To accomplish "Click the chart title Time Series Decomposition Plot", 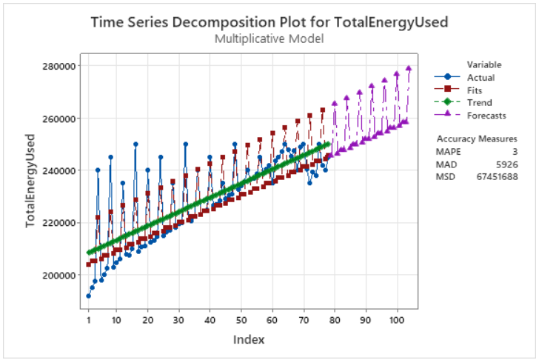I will click(x=269, y=21).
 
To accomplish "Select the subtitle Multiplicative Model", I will click(x=269, y=38).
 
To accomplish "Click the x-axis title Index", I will click(x=249, y=339).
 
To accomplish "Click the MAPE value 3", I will click(x=514, y=151).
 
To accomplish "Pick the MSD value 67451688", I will click(x=497, y=176).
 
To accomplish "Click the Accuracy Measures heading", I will click(x=477, y=139).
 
